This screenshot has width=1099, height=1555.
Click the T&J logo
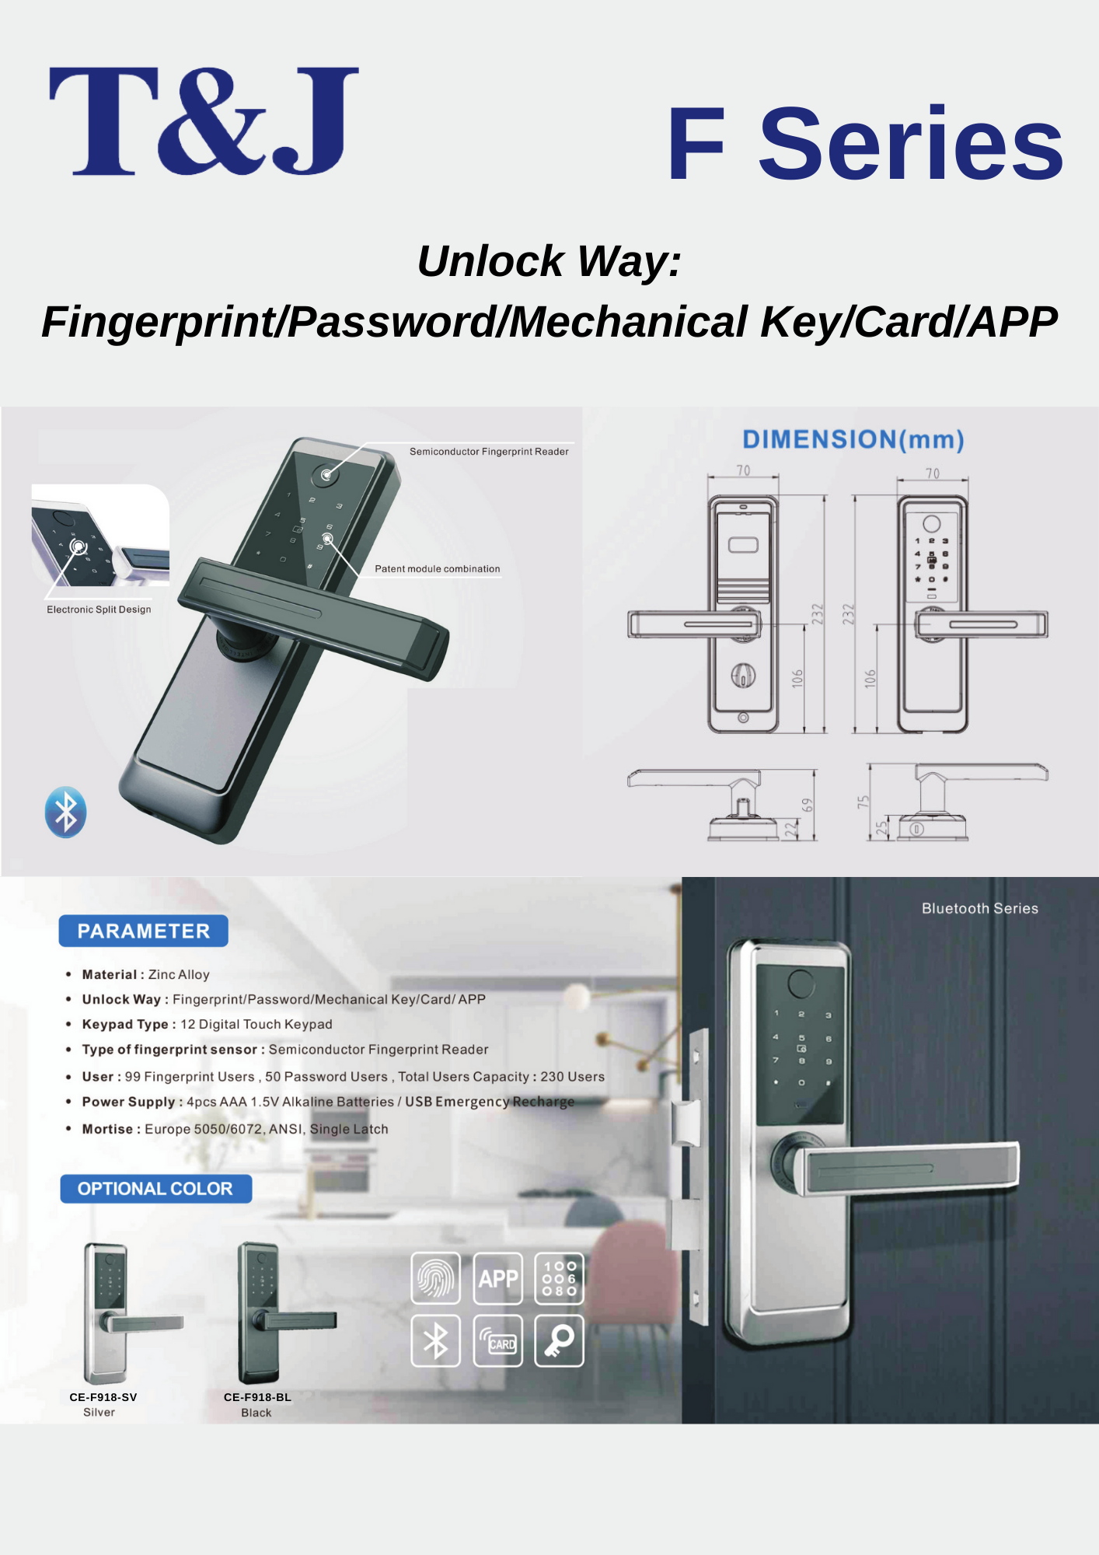(x=204, y=121)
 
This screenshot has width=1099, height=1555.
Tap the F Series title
(x=865, y=144)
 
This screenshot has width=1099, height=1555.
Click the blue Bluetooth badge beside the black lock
(x=65, y=812)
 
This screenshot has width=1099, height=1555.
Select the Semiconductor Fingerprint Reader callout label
(x=489, y=452)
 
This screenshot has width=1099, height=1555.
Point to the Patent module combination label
(x=438, y=569)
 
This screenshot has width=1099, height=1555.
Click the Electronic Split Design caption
(x=99, y=610)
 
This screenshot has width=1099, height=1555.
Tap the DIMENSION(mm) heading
(x=853, y=440)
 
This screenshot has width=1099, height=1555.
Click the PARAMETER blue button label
(x=144, y=931)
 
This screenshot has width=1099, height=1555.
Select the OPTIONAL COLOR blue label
(x=155, y=1189)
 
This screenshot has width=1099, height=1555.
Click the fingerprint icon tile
(x=435, y=1277)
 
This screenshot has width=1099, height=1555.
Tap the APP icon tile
(x=498, y=1277)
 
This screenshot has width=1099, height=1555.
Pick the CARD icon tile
(x=498, y=1341)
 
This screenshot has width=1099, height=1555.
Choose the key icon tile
(x=560, y=1341)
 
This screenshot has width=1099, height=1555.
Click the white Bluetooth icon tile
(x=435, y=1341)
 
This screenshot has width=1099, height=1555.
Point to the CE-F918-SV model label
(x=103, y=1397)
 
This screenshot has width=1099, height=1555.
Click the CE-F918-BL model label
(x=257, y=1397)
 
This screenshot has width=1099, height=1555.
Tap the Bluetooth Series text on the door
(x=980, y=908)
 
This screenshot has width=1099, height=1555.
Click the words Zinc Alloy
(x=179, y=975)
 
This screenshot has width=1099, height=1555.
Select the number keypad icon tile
(x=560, y=1277)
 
